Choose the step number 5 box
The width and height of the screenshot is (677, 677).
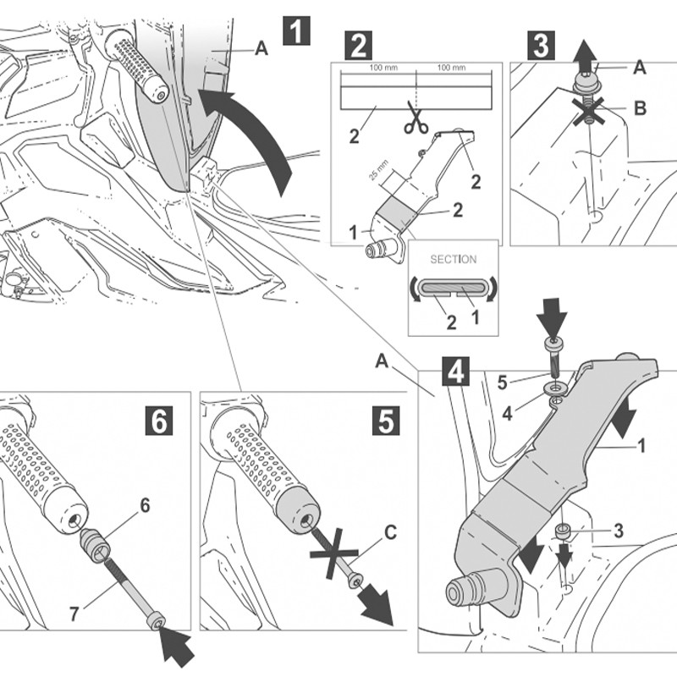point(386,420)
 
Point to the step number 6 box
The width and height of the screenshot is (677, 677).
point(160,420)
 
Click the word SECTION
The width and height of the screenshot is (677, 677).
point(454,259)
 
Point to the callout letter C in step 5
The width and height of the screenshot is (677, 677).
point(390,534)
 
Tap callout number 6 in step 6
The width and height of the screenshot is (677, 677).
point(145,504)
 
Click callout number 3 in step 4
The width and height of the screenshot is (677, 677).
point(619,531)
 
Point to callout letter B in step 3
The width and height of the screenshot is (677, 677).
point(640,108)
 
